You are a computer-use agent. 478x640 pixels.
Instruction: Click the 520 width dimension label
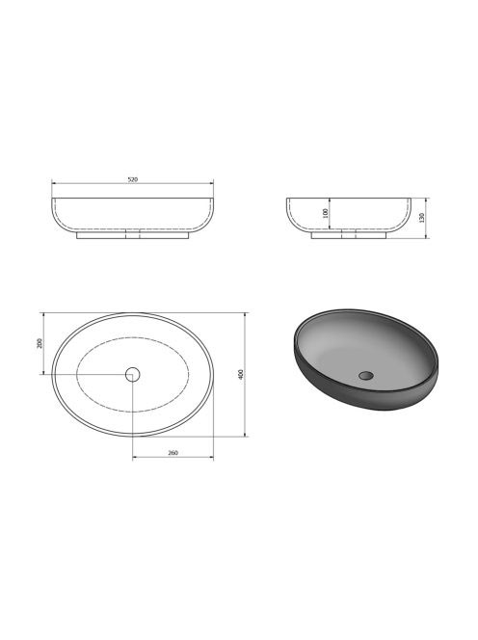133,179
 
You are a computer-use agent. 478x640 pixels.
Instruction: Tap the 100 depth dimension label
326,213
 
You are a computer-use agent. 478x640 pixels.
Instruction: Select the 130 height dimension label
422,217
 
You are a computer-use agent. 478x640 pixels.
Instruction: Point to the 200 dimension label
40,343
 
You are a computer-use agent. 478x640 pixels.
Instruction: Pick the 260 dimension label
173,453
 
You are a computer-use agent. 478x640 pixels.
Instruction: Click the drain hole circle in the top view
133,374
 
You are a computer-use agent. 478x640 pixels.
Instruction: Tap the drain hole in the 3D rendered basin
366,375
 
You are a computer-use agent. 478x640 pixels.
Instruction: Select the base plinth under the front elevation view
133,234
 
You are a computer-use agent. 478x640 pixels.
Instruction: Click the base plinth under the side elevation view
349,234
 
